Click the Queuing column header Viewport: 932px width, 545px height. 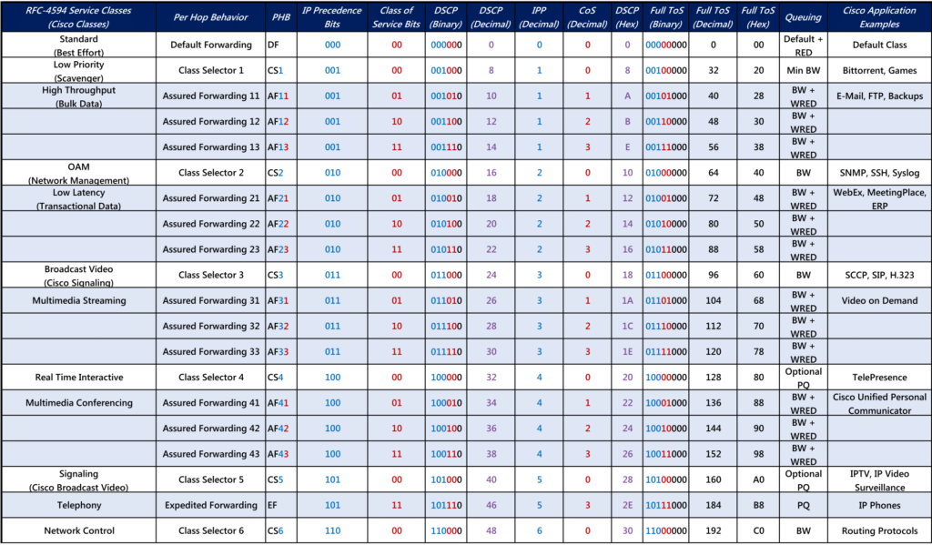[803, 17]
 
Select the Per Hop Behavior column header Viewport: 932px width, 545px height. [210, 17]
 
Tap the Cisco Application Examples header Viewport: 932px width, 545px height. [879, 17]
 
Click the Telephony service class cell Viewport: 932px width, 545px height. [79, 505]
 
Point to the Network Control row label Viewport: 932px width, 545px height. [79, 530]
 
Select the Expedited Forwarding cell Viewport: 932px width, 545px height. [211, 505]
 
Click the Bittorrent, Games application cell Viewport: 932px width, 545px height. [880, 70]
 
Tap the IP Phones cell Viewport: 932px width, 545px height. [880, 505]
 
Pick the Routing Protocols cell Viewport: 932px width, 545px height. [880, 530]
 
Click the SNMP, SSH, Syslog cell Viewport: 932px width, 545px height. [880, 172]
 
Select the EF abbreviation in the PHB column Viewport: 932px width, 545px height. [272, 505]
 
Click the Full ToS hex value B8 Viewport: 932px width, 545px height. [758, 505]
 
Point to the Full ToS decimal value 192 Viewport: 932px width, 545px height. [714, 530]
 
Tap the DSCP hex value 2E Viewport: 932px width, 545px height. [627, 505]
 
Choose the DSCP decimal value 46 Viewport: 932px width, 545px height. [491, 505]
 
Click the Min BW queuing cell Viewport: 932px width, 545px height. [803, 70]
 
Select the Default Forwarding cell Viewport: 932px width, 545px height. [211, 45]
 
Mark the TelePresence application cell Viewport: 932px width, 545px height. [880, 378]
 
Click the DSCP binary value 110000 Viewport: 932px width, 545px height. [446, 530]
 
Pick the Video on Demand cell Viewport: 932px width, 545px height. [880, 300]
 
